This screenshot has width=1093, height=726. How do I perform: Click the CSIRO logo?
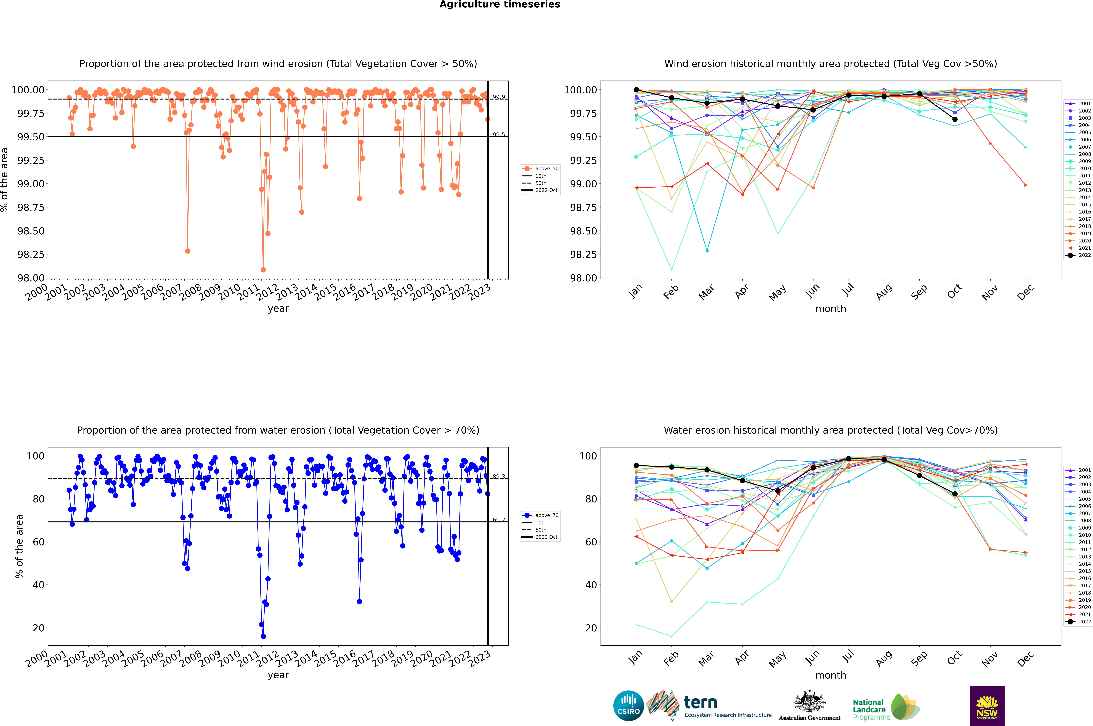pos(628,706)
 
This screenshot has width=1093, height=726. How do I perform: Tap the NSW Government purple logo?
pos(987,706)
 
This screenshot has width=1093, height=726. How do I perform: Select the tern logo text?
pos(701,703)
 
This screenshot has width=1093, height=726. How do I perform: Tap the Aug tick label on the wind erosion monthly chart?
pos(884,292)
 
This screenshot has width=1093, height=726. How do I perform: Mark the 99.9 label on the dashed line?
pos(499,97)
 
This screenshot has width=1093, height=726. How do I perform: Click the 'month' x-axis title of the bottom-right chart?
pos(830,675)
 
